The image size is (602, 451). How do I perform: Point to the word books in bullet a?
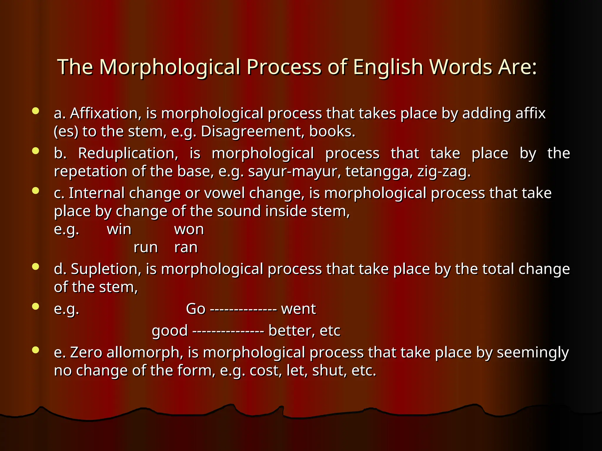click(x=332, y=132)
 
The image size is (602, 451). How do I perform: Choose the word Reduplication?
click(x=128, y=153)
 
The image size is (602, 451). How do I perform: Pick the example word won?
click(x=189, y=229)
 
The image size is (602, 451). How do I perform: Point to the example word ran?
click(x=186, y=248)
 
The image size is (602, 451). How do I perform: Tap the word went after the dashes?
click(x=298, y=309)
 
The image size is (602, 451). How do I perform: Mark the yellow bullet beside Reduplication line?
click(x=36, y=151)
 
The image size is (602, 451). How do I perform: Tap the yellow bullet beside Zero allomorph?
click(x=36, y=350)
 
